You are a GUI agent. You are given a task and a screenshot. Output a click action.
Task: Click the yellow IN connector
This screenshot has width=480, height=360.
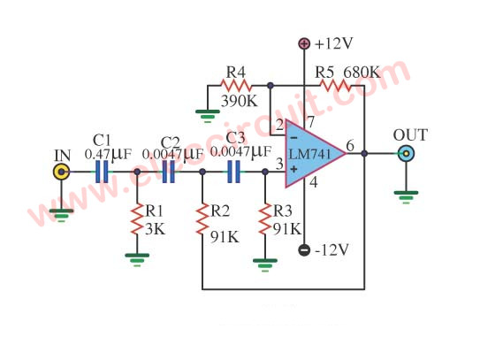click(62, 172)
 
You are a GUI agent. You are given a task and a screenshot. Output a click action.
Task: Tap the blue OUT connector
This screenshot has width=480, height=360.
click(407, 154)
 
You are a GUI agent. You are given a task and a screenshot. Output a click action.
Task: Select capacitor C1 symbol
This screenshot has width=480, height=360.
click(102, 172)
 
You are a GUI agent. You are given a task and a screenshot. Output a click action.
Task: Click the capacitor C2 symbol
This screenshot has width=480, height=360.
click(168, 172)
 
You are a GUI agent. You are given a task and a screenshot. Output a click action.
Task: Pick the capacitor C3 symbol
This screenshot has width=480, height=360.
click(234, 172)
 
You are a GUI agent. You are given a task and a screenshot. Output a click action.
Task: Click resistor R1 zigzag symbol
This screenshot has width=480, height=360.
click(137, 219)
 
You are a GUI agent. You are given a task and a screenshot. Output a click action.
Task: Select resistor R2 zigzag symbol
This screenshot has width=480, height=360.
click(202, 219)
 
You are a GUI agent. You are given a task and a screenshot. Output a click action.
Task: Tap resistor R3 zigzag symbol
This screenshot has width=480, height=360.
click(265, 219)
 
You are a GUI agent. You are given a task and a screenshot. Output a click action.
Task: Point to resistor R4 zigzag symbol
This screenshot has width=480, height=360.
click(236, 86)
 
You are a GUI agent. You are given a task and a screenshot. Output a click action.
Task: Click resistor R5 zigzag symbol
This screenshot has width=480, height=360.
click(335, 86)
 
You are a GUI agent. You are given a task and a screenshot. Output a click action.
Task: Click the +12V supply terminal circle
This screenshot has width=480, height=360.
click(304, 43)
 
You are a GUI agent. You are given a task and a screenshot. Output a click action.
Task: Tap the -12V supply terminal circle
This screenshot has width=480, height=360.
click(304, 250)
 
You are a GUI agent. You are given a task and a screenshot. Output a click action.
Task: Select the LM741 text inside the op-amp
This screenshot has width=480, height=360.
click(309, 154)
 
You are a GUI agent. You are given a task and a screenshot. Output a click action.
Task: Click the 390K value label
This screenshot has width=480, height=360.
click(240, 101)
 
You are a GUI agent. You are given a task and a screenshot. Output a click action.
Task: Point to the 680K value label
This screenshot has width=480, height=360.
click(362, 73)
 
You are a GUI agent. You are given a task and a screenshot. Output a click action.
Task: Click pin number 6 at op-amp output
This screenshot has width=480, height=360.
click(350, 146)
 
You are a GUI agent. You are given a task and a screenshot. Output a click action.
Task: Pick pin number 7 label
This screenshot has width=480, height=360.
click(311, 122)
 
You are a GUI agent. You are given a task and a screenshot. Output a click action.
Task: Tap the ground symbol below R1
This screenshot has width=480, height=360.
click(137, 259)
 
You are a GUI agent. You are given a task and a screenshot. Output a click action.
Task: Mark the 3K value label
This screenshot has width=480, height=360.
click(156, 229)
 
